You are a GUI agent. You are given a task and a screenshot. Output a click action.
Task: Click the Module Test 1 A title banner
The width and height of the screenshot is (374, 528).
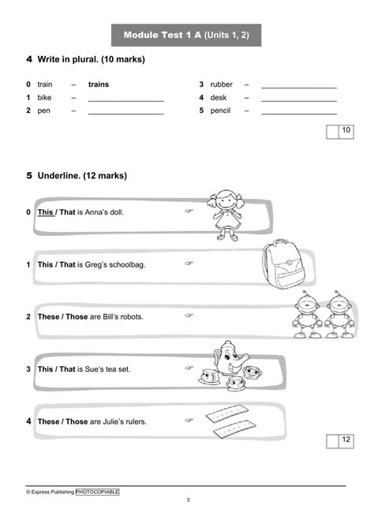click(x=187, y=35)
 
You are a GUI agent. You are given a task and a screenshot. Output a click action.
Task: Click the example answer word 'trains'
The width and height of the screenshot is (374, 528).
click(x=99, y=84)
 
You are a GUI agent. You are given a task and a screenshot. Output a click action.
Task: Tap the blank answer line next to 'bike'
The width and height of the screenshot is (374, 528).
click(x=125, y=99)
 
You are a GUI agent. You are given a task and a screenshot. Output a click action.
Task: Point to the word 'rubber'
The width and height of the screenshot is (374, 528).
click(x=223, y=84)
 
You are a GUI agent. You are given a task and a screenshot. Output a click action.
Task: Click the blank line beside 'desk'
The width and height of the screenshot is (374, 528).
click(x=299, y=99)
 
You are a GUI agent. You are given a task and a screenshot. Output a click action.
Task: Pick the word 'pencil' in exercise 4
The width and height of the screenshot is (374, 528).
click(x=222, y=111)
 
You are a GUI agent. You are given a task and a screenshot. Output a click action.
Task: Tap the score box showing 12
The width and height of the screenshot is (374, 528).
click(x=346, y=439)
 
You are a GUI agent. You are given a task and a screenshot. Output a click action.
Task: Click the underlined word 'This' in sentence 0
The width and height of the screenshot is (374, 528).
click(x=46, y=212)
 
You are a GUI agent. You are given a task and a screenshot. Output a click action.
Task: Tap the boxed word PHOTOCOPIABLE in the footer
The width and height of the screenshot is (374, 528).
click(x=98, y=492)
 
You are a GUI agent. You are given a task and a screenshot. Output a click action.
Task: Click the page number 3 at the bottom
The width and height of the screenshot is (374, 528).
click(x=188, y=500)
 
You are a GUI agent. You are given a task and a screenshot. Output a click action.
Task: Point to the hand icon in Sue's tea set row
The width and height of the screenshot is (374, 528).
click(x=189, y=368)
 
